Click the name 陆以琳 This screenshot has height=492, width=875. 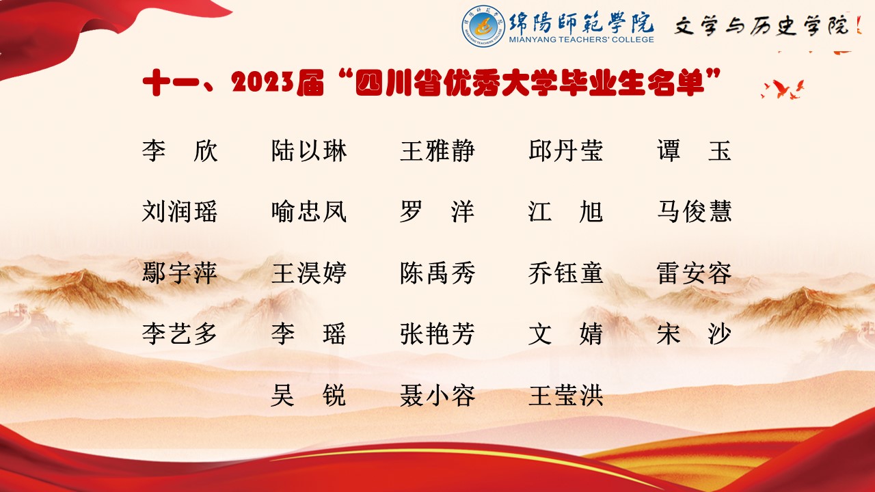pos(309,151)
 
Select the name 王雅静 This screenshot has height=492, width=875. pos(437,151)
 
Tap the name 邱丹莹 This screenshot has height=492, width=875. pos(566,151)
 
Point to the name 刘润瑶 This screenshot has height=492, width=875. pos(180,212)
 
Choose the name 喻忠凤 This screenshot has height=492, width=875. pos(309,212)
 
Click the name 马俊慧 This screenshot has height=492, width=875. pos(694,212)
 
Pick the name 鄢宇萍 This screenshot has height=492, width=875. pos(180,273)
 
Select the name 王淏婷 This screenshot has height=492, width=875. pos(309,273)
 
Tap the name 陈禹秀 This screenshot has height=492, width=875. pos(437,273)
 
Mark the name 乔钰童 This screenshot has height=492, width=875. pos(566,273)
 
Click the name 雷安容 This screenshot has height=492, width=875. pos(694,273)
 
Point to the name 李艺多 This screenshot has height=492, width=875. pos(180,334)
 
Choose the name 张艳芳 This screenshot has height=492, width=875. pos(437,334)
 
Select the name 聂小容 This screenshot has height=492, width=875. pos(437,395)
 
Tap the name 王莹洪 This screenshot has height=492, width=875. pos(566,395)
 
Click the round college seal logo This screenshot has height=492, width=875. pos(483,26)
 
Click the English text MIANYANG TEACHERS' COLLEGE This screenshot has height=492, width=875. pos(581,40)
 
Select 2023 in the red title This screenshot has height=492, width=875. pos(262,83)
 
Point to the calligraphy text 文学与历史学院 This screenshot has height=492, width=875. pos(762,26)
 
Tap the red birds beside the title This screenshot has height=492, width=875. pos(783,89)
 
